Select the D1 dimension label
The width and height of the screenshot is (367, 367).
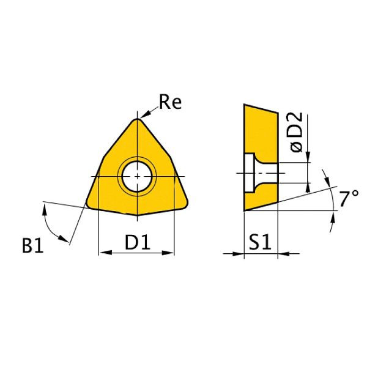[138, 243]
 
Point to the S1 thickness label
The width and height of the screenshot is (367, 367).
[260, 243]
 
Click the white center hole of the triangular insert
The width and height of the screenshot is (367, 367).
[137, 177]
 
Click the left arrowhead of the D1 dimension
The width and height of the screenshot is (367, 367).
[102, 252]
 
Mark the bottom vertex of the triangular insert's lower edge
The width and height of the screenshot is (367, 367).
[137, 215]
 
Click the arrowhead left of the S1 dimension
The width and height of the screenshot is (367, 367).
[240, 253]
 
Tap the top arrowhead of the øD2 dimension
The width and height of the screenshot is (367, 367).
[308, 160]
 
